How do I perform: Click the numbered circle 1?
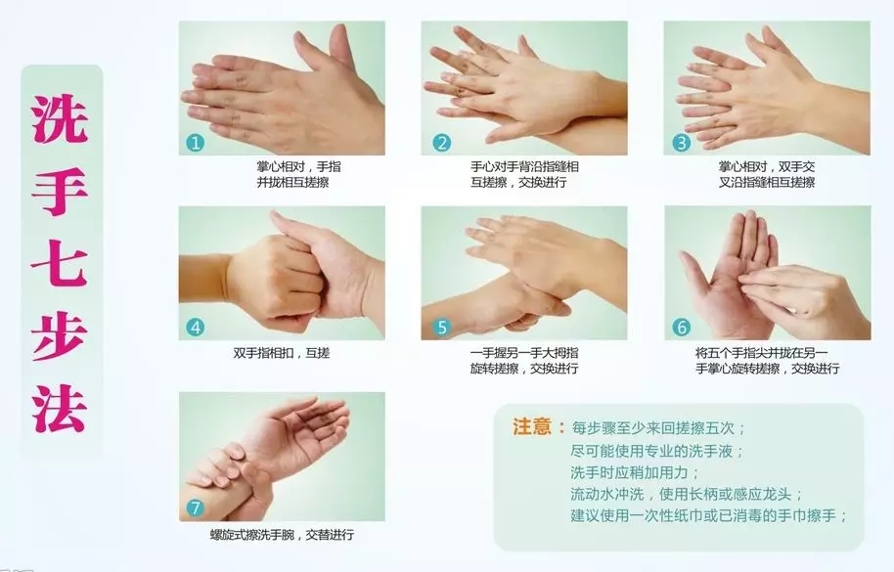click(195, 142)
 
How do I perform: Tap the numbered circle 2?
click(441, 142)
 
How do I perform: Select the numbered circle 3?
click(682, 142)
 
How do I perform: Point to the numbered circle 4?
click(195, 327)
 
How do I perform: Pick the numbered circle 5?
click(441, 327)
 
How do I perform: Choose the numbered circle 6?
click(682, 327)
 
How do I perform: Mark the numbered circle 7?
click(195, 507)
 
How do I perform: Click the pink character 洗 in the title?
click(60, 118)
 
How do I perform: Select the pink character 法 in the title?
click(60, 408)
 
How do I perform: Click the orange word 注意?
click(532, 426)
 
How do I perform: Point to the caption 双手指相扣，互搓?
click(281, 353)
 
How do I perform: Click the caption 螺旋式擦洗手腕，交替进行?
click(282, 535)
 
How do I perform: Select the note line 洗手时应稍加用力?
click(633, 472)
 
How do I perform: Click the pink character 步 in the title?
click(60, 336)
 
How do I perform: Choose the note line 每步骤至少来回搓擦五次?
click(657, 428)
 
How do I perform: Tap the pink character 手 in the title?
click(60, 192)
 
